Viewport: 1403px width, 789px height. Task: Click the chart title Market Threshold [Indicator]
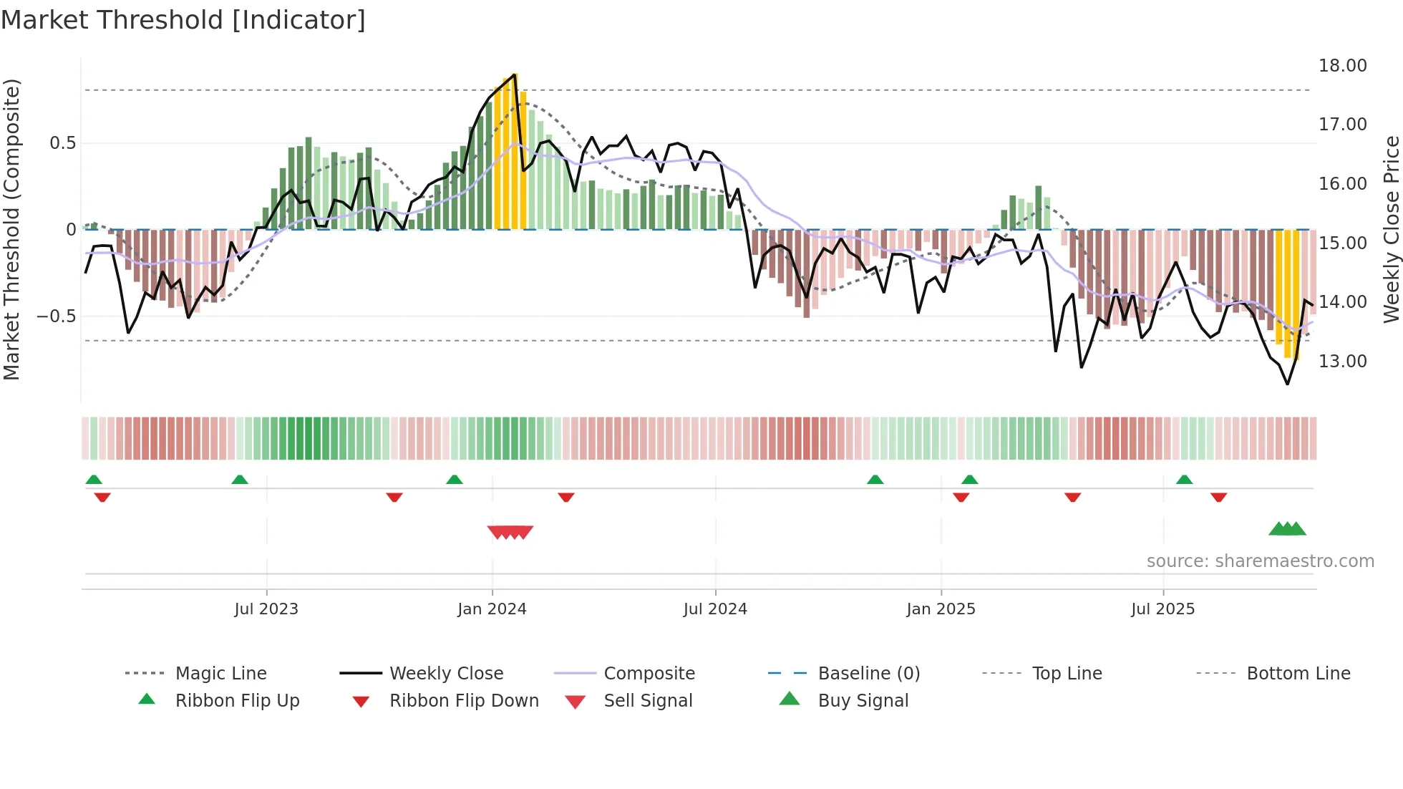[x=183, y=20]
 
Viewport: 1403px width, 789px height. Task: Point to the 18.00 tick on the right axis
[x=1342, y=66]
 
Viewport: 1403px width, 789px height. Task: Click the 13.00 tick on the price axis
[x=1342, y=362]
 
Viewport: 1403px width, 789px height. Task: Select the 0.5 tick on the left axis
[x=62, y=143]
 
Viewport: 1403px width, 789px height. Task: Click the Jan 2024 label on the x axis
[x=492, y=609]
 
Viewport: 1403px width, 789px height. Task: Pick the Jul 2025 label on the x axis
[x=1162, y=609]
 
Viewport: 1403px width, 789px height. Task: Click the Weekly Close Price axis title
[x=1391, y=229]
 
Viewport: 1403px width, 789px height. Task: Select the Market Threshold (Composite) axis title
[x=11, y=229]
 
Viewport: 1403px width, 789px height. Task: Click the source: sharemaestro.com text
[x=1260, y=561]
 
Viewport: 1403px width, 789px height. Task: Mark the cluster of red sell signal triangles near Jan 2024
[x=510, y=532]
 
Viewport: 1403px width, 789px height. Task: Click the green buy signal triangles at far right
[x=1287, y=529]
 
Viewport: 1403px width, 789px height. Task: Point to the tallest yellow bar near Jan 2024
[x=514, y=150]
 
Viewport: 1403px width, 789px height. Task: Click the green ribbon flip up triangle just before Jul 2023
[x=240, y=480]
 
